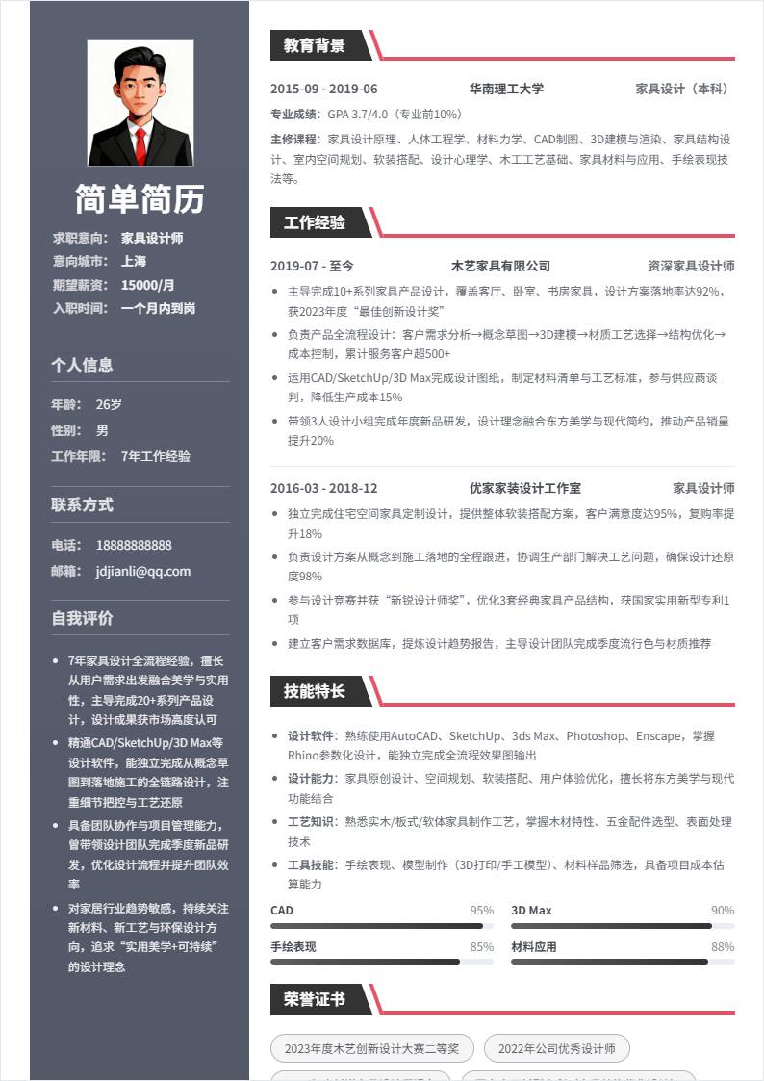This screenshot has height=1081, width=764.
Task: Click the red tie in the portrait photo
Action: point(140,143)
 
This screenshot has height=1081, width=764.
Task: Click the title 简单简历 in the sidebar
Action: point(140,199)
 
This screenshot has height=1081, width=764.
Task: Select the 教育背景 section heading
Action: point(314,44)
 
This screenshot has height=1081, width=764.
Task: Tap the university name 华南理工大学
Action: point(506,89)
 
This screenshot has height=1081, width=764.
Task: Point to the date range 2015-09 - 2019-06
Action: point(324,89)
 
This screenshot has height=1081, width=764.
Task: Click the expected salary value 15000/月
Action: point(148,285)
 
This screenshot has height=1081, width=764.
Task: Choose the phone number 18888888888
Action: point(134,545)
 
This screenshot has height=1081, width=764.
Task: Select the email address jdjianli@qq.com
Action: point(143,571)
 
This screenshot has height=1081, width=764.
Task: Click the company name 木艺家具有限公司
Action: point(500,266)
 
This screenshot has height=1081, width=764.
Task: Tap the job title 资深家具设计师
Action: point(691,266)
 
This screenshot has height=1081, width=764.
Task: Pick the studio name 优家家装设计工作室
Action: point(524,488)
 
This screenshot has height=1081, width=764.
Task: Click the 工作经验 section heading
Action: point(314,223)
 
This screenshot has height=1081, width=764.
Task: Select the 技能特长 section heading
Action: point(314,691)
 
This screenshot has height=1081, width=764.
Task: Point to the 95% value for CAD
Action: point(481,911)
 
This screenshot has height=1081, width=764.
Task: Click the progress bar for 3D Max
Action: point(623,926)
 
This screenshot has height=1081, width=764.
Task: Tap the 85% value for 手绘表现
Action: point(481,947)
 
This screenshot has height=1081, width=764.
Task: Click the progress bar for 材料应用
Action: point(623,962)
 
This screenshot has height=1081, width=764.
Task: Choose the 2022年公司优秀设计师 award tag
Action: point(557,1048)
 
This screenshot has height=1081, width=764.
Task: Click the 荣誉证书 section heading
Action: point(314,1000)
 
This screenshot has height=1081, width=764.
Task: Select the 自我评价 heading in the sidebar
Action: point(82,618)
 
